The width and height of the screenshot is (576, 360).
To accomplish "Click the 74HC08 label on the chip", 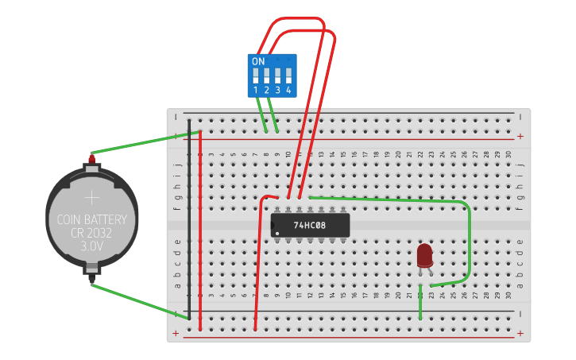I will pyautogui.click(x=310, y=226).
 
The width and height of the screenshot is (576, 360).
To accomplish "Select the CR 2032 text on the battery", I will pyautogui.click(x=92, y=233).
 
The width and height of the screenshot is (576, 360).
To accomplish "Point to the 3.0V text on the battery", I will pyautogui.click(x=92, y=246).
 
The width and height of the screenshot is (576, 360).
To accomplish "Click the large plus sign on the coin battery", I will pyautogui.click(x=92, y=197).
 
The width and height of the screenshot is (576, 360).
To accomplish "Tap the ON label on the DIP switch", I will pyautogui.click(x=258, y=61).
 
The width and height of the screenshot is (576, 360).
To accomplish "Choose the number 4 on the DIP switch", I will pyautogui.click(x=288, y=91).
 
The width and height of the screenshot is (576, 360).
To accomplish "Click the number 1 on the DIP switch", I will pyautogui.click(x=256, y=91).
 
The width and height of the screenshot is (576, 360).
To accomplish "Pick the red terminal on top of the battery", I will pyautogui.click(x=91, y=158).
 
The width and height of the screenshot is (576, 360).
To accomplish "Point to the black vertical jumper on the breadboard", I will pyautogui.click(x=189, y=215).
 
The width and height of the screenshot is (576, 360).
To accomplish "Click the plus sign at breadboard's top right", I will pyautogui.click(x=520, y=136).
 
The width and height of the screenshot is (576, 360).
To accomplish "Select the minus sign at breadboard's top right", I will pyautogui.click(x=520, y=117).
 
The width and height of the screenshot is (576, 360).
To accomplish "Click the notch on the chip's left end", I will pyautogui.click(x=273, y=226).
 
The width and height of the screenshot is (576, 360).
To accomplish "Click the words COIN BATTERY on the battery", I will pyautogui.click(x=92, y=219).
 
